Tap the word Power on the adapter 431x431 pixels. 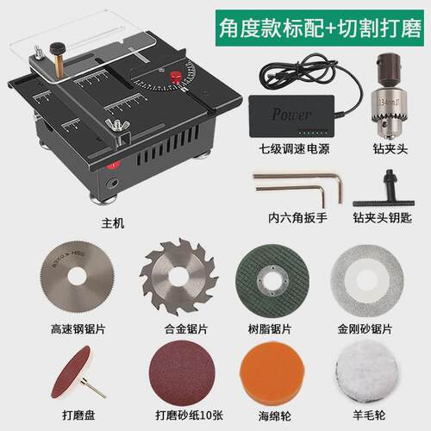tap(291, 114)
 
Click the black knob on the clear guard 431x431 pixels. tap(57, 49)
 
